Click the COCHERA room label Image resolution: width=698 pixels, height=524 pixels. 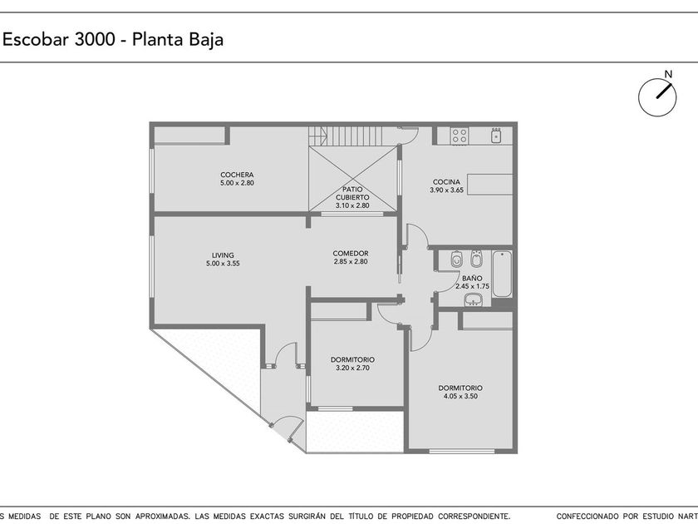(237, 175)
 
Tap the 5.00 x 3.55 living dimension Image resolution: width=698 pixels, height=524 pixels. (223, 264)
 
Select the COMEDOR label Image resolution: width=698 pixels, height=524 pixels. (351, 254)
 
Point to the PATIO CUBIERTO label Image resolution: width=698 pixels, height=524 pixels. (352, 193)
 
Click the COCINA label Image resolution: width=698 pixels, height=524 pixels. (446, 182)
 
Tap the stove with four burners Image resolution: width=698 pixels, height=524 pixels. (460, 136)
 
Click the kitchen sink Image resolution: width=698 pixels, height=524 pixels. (496, 135)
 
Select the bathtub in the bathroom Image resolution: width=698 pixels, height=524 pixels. (502, 274)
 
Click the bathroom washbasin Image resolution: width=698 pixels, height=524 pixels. (473, 300)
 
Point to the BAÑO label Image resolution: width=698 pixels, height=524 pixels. (472, 279)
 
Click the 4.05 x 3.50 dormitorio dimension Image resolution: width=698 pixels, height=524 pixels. (460, 396)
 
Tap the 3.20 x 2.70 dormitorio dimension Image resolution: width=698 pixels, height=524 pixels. (352, 368)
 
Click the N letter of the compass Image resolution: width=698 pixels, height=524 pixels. (668, 74)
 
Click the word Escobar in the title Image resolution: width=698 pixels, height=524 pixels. (36, 40)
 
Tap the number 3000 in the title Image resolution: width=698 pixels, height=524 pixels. (96, 40)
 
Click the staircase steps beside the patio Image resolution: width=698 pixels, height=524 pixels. (345, 136)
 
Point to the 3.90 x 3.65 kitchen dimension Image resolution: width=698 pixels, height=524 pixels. (446, 190)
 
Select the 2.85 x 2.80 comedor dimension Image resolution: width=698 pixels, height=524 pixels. (351, 261)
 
